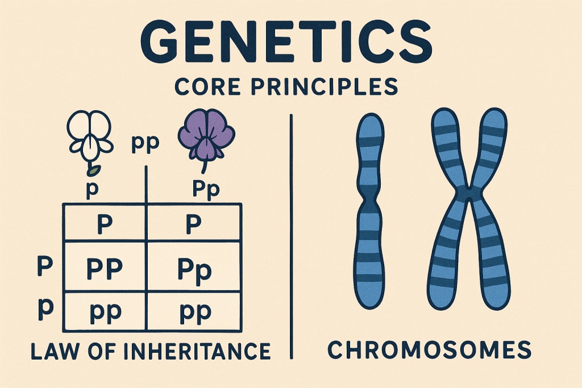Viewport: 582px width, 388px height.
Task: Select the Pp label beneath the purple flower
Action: (x=205, y=189)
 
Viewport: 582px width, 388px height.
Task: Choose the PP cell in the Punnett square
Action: (x=104, y=268)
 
